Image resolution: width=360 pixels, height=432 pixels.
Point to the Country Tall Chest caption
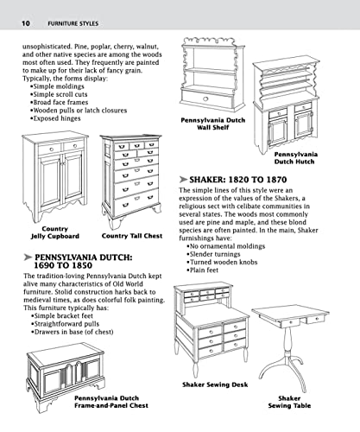coord(130,236)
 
